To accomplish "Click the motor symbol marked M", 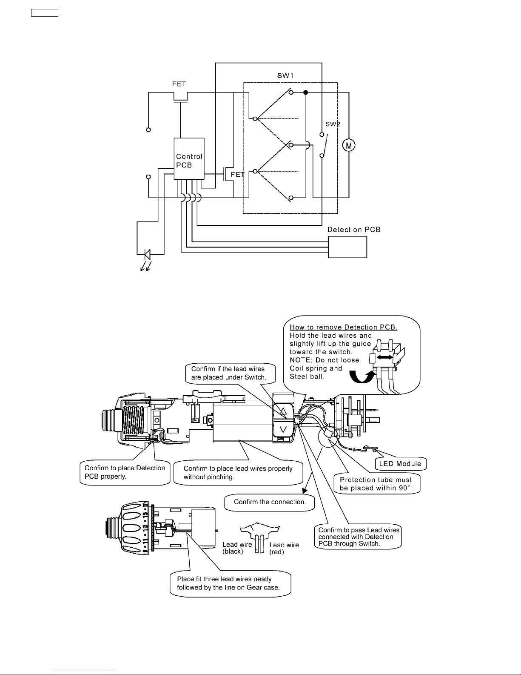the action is (x=349, y=145).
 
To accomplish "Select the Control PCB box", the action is (x=189, y=158).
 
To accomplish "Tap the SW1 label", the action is (x=285, y=75).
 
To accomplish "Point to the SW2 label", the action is (x=333, y=124).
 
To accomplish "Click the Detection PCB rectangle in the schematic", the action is (x=347, y=247).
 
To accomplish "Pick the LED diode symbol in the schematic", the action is (x=147, y=254).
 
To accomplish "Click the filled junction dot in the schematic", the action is (x=305, y=92).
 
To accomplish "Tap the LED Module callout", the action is (x=400, y=464).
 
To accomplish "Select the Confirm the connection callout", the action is (x=270, y=502).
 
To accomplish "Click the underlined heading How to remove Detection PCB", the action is (x=343, y=327).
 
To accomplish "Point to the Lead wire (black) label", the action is (x=237, y=548).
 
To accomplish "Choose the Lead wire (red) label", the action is (x=284, y=548).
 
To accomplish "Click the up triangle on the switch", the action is (x=283, y=412).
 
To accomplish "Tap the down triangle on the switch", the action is (x=283, y=430).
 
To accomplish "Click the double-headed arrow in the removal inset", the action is (x=384, y=358).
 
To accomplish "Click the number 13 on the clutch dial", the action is (x=145, y=528).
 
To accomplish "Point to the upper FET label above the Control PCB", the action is (x=179, y=84).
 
